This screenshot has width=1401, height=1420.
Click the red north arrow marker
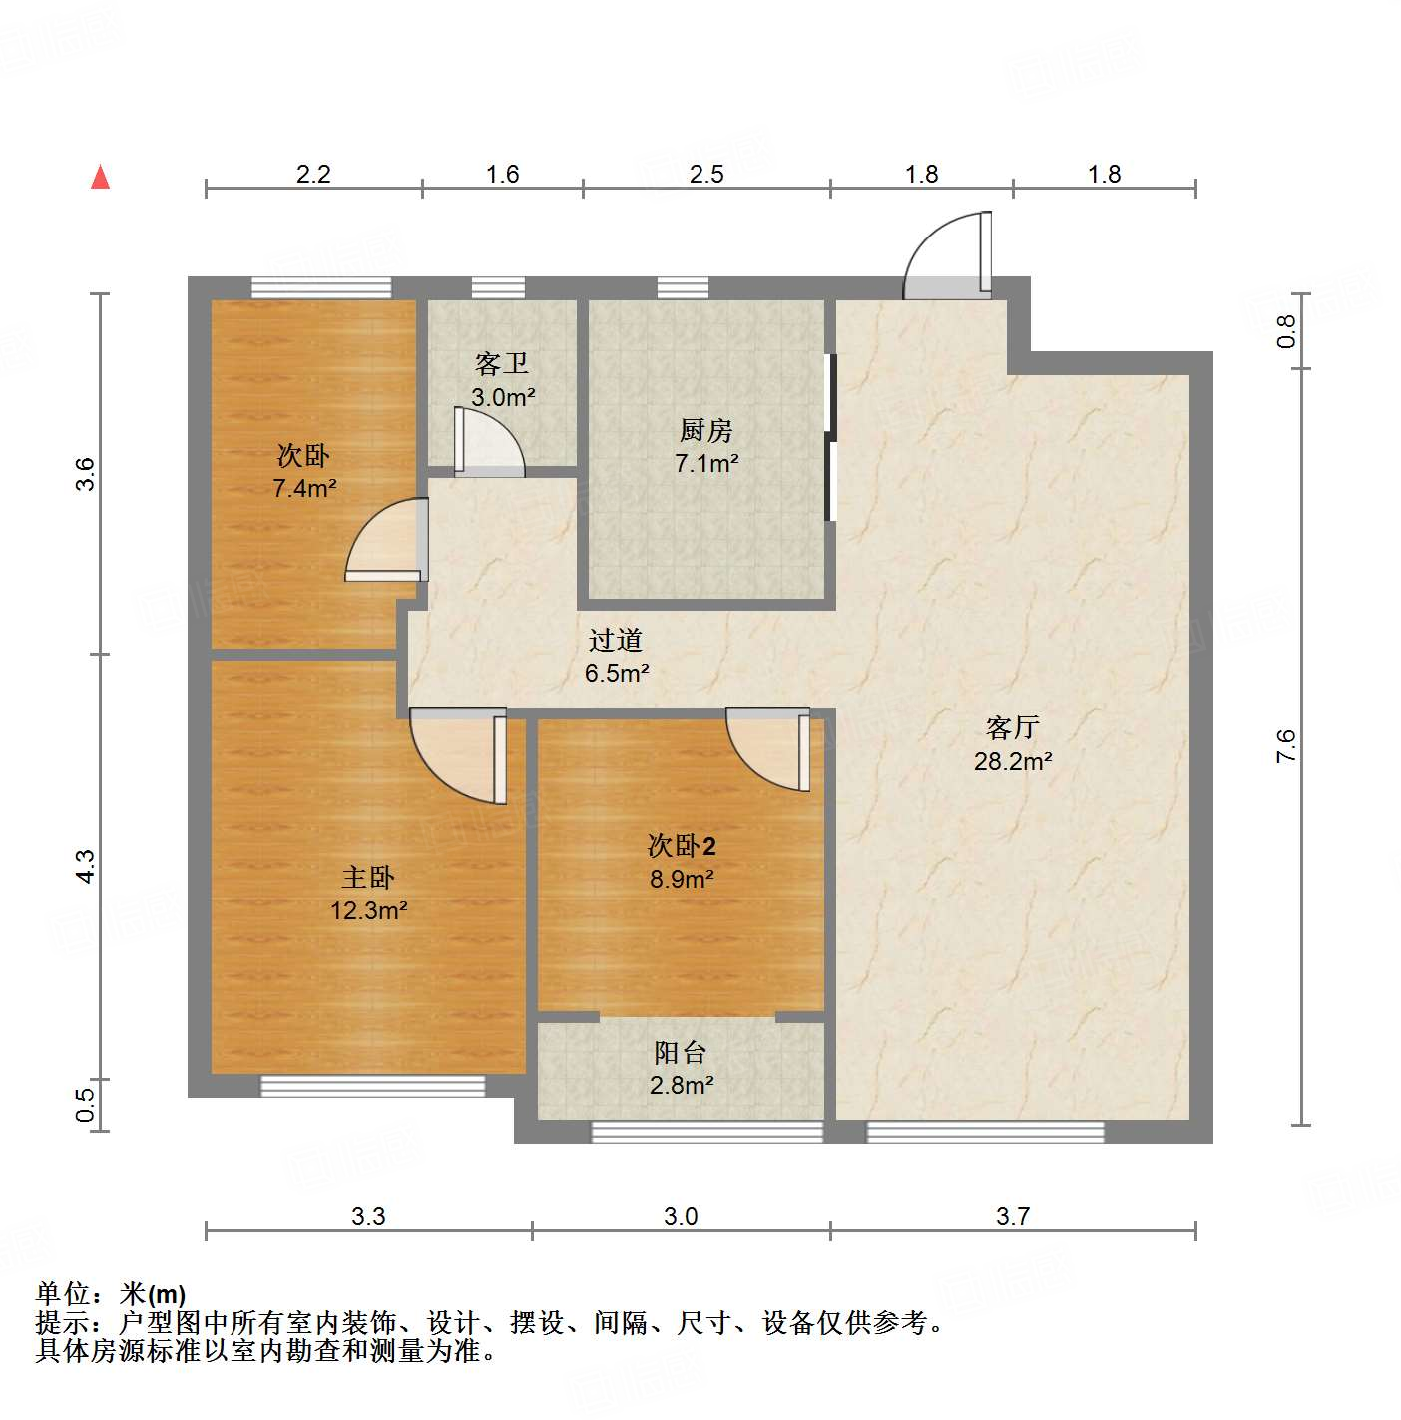tap(100, 177)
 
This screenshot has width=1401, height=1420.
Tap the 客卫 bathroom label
tap(502, 363)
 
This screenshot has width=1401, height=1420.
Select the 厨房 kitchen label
tap(706, 430)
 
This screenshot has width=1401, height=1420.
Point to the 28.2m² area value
tap(1013, 761)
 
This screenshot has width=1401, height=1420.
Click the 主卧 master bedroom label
tap(368, 877)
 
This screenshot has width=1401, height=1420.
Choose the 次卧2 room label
tap(682, 846)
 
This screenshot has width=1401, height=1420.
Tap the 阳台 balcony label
tap(681, 1052)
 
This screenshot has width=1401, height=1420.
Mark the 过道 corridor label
tap(615, 640)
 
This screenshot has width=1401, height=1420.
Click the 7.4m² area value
tap(304, 488)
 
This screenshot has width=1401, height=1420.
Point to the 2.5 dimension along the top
tap(706, 175)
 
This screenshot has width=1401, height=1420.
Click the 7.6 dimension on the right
tap(1285, 746)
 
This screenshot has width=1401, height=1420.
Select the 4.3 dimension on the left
tap(86, 865)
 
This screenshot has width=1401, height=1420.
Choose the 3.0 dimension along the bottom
tap(681, 1216)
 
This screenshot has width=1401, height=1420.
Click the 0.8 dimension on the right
tap(1286, 331)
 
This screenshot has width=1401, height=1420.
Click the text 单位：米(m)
tap(111, 1294)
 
